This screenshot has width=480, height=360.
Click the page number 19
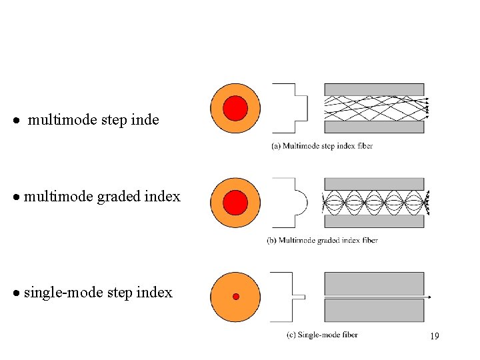tap(434, 336)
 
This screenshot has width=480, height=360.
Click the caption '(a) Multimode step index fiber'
tap(322, 145)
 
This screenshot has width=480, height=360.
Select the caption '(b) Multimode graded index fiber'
tap(322, 240)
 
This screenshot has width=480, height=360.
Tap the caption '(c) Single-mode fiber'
tap(322, 335)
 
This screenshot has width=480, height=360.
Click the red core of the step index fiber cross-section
tap(235, 108)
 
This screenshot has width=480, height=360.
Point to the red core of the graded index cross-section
tap(235, 203)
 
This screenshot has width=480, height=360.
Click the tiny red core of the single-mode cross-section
tap(235, 297)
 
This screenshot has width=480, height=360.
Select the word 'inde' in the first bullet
tap(146, 120)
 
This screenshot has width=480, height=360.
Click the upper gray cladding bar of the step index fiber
tap(374, 89)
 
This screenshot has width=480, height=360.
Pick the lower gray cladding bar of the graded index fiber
tap(374, 222)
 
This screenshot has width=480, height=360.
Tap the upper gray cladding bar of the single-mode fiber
tap(374, 283)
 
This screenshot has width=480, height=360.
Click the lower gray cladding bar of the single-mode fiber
tap(374, 311)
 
